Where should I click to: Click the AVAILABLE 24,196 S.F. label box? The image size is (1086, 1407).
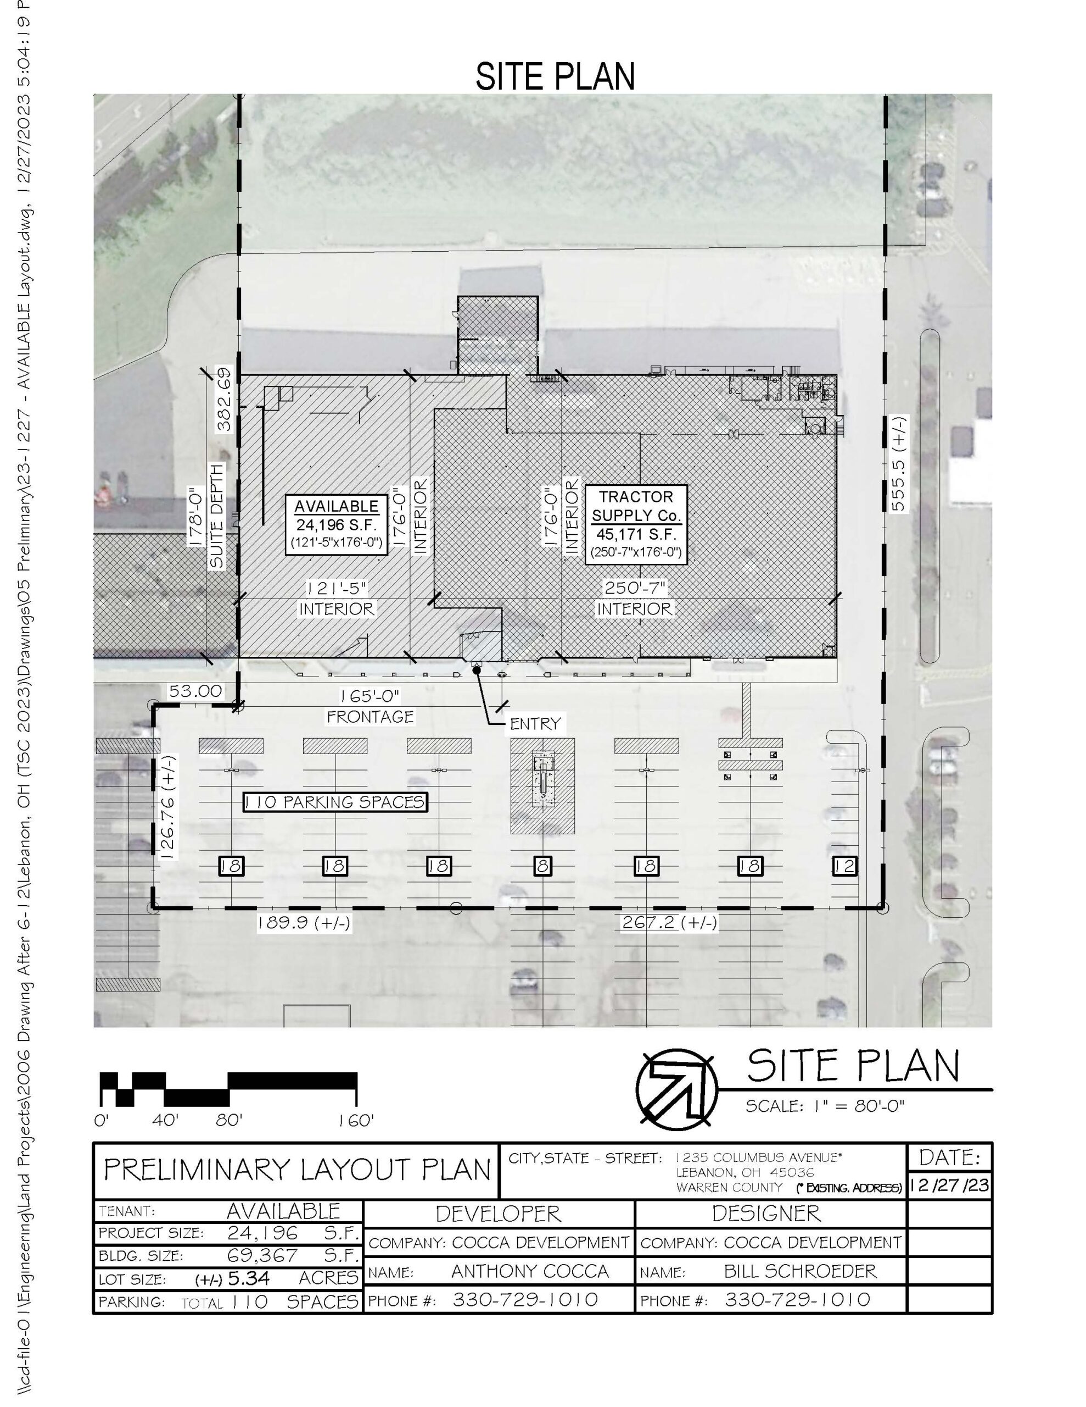coord(336,524)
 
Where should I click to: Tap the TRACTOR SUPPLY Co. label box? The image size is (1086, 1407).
coord(636,524)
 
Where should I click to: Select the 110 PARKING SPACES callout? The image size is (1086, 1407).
coord(335,802)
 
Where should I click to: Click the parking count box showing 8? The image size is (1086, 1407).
coord(542,866)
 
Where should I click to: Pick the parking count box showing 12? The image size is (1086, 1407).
coord(844,866)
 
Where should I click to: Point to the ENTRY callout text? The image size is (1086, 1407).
coord(535,723)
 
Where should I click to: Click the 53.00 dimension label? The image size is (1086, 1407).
coord(195,691)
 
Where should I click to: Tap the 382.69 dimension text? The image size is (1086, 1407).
coord(224,400)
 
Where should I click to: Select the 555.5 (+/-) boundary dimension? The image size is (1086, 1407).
coord(898,463)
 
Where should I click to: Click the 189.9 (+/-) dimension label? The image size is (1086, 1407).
coord(304,923)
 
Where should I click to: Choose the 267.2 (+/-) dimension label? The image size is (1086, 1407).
coord(669,923)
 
